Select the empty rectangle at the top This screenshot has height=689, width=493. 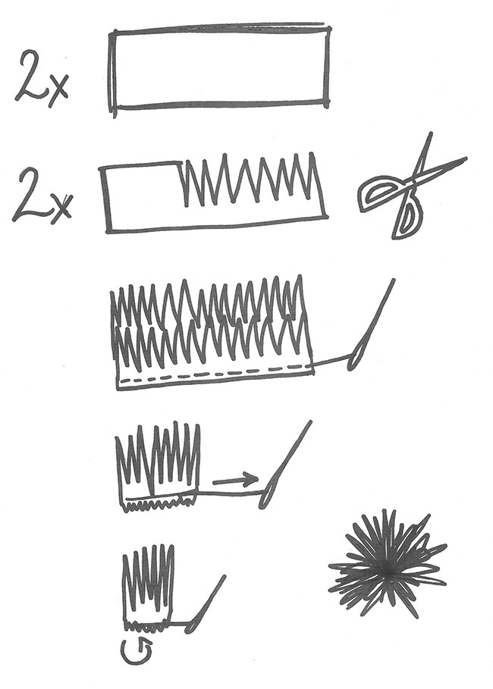pos(221,70)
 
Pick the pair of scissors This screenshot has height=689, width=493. pos(410,189)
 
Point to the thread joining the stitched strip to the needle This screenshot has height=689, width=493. pos(332,363)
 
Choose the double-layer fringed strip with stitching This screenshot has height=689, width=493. pos(212,330)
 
